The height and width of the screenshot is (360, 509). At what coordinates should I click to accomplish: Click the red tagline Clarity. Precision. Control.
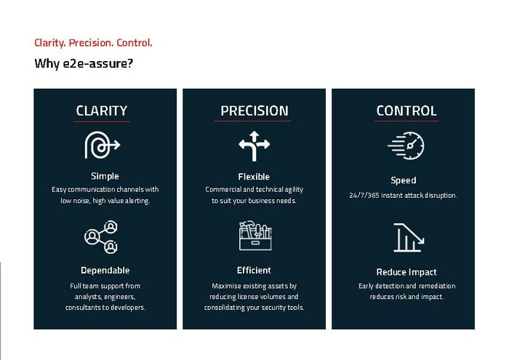coord(93,43)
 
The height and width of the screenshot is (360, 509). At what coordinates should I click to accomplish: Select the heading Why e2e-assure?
coord(84,63)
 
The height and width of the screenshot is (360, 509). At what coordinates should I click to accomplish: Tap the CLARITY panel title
coord(102,111)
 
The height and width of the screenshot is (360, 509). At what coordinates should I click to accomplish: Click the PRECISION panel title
coord(254,111)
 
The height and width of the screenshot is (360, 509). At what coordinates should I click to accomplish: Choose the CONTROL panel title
coord(406,111)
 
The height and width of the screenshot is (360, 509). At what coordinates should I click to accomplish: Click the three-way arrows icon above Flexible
coord(254,145)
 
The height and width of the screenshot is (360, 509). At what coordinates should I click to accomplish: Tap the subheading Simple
coord(105,176)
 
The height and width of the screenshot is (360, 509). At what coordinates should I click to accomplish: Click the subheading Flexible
coord(254,177)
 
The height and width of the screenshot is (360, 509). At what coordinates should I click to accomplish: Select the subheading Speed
coord(403,180)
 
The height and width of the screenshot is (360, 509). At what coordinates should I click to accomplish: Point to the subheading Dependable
coord(105,270)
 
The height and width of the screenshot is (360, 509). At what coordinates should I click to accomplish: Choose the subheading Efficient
coord(254,270)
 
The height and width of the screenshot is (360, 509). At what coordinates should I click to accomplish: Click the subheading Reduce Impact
coord(406,272)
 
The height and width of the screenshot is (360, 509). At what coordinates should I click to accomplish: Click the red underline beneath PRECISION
coord(252,121)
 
